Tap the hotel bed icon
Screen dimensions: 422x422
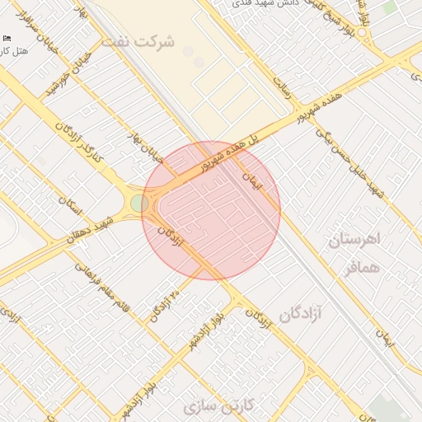(x=7, y=39)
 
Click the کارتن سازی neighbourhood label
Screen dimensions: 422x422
(x=223, y=406)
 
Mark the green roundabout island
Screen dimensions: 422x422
(x=139, y=203)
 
